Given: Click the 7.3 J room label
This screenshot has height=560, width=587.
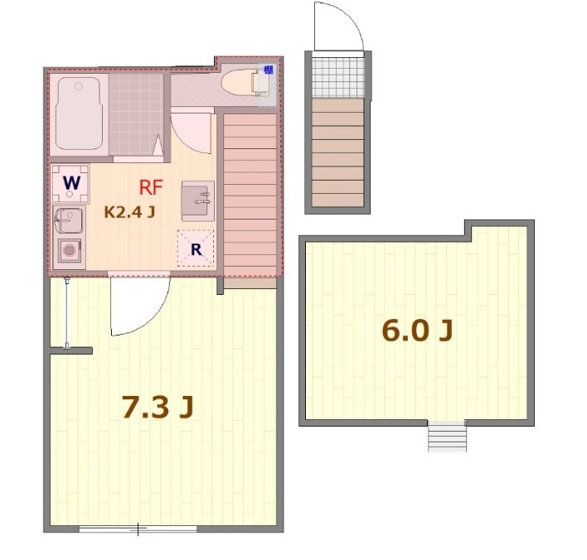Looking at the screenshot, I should click(x=157, y=407).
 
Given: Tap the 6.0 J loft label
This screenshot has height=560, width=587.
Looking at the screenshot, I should click(x=417, y=331).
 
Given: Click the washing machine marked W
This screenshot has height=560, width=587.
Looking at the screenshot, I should click(x=71, y=184).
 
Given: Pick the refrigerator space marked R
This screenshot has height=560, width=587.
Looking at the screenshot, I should click(x=196, y=248).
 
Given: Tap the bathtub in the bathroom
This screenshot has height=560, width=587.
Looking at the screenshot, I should click(x=78, y=114).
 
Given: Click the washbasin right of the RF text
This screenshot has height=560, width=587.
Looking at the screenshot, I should click(x=197, y=196).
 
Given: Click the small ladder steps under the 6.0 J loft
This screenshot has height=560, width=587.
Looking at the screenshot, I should click(x=447, y=436).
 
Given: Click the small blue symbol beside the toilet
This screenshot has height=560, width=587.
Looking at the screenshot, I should click(x=267, y=70).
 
